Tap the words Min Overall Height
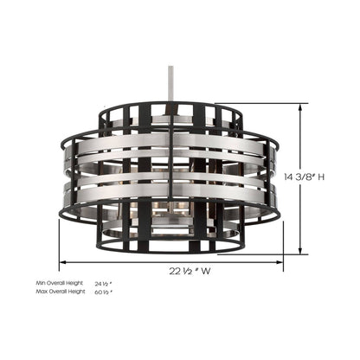60,284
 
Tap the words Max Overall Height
61,292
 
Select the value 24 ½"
104,284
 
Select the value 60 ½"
104,292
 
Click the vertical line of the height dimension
300,216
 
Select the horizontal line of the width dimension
112,267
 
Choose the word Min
42,284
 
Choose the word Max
42,292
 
